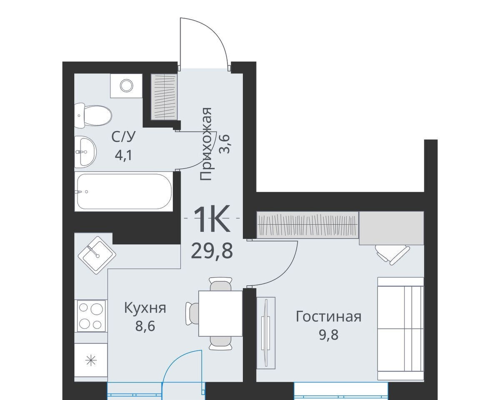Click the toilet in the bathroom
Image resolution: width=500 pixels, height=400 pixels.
[93, 115]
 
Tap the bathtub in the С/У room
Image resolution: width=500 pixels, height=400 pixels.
[125, 192]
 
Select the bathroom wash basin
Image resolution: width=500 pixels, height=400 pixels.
[85, 151]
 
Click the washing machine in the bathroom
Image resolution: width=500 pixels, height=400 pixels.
[126, 86]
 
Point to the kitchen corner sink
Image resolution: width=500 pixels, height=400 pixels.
[97, 255]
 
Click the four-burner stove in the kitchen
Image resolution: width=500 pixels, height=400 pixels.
[91, 316]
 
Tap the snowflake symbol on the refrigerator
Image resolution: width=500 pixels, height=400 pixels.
[91, 361]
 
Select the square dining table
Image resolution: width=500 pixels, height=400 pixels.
[220, 313]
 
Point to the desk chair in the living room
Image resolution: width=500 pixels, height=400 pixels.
[392, 254]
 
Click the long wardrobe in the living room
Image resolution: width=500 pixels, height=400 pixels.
[307, 225]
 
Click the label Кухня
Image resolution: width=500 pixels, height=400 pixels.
[145, 308]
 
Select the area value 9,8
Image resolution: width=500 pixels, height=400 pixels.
[329, 335]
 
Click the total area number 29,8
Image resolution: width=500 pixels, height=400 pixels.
[212, 251]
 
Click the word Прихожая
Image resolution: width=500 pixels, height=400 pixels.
[206, 144]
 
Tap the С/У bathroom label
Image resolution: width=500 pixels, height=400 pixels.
[123, 137]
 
